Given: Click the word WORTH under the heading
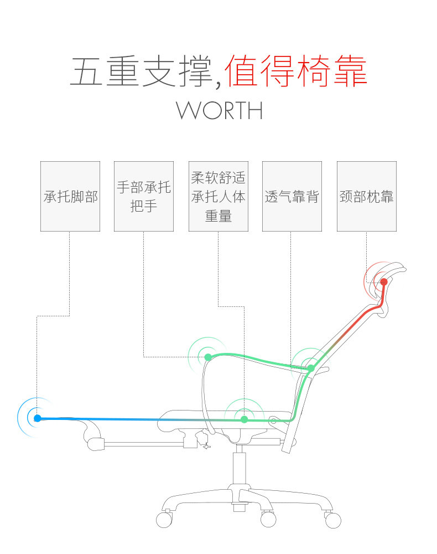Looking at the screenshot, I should point(219,110).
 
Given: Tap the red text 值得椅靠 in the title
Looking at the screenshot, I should point(296,70).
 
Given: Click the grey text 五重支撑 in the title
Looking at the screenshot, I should point(141,70).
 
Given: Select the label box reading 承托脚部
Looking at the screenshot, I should point(70,196).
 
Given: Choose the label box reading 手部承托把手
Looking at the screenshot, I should point(144,196).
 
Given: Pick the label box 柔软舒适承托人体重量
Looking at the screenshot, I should point(218,196).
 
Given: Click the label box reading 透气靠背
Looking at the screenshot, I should point(292,196).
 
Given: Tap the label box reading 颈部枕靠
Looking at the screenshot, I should point(366,196).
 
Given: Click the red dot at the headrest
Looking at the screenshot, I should point(384,282).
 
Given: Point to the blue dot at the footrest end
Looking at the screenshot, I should point(37,418).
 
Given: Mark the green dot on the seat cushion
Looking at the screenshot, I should point(244,419).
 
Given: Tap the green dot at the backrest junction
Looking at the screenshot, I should point(311,368).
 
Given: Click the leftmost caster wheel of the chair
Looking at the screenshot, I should point(164,520).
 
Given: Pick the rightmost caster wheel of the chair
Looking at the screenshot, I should point(333,520).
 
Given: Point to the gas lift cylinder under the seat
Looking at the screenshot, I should point(240,468).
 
